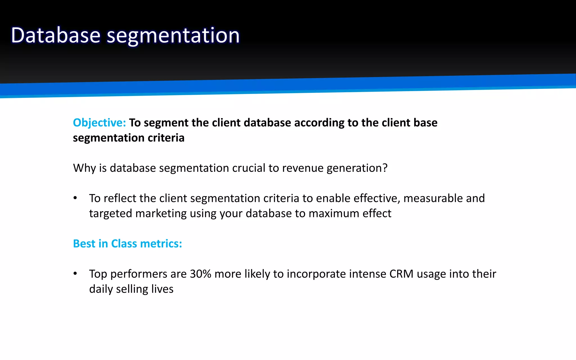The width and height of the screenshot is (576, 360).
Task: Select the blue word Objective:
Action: (99, 123)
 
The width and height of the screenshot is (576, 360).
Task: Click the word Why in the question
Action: (84, 168)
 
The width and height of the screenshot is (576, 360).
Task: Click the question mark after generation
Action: (384, 168)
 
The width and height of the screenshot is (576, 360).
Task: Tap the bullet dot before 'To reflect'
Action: (75, 198)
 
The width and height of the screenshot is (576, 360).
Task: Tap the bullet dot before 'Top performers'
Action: (75, 274)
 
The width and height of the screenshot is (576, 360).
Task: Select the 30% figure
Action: (200, 274)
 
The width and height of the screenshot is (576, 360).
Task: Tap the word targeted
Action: (111, 214)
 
